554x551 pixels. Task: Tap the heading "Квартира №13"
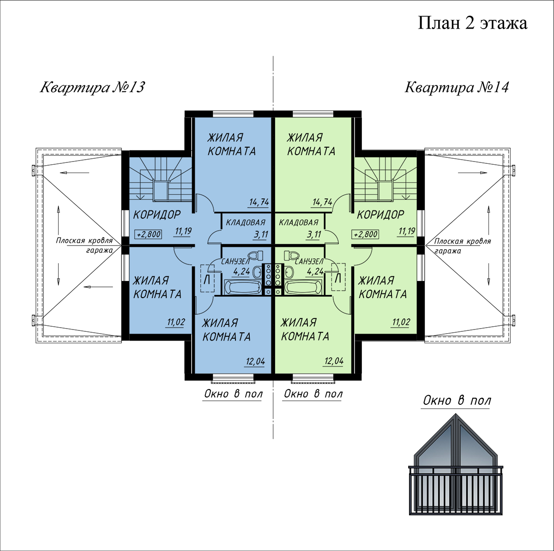(92, 87)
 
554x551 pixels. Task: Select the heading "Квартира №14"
(457, 87)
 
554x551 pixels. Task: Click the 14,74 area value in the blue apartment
(259, 202)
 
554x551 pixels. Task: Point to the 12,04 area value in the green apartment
(334, 361)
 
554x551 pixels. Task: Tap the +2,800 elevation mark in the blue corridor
(148, 234)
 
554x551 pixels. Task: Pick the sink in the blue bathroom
(257, 272)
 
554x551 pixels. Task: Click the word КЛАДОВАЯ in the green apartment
(299, 222)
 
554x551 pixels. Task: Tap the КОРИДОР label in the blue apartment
(157, 215)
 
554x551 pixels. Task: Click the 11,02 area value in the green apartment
(401, 322)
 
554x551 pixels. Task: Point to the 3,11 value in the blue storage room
(260, 234)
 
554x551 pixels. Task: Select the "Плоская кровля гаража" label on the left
(84, 245)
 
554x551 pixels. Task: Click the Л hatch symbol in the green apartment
(338, 278)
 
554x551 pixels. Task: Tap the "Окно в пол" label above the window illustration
(457, 401)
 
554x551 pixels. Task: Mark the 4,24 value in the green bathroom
(315, 271)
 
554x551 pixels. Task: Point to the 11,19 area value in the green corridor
(407, 231)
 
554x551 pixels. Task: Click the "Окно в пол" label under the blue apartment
(233, 394)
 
